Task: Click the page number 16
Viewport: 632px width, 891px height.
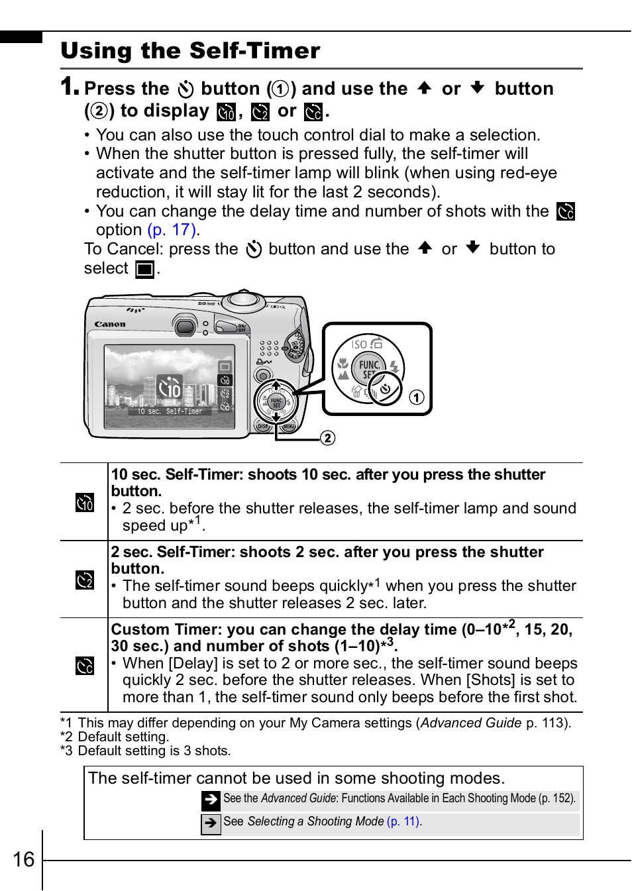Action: point(23,859)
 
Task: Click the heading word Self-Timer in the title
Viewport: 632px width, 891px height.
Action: point(254,50)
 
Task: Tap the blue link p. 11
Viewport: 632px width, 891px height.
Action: point(403,821)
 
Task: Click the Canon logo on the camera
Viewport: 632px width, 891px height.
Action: point(110,324)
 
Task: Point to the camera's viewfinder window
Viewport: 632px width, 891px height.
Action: point(185,325)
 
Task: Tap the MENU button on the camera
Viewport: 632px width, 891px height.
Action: point(288,427)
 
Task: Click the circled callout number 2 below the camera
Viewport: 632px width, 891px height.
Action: point(327,438)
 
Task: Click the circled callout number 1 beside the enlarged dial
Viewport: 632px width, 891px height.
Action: point(416,397)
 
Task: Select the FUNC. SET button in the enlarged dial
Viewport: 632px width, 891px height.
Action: point(369,368)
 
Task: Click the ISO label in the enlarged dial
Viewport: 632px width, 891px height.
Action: point(359,344)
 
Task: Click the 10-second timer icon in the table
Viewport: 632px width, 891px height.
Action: point(84,503)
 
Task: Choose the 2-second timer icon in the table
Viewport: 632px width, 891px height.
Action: point(84,580)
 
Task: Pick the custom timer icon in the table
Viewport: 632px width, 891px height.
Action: point(84,665)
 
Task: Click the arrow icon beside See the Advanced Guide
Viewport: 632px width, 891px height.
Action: point(211,800)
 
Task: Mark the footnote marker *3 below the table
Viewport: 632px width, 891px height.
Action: point(66,751)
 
